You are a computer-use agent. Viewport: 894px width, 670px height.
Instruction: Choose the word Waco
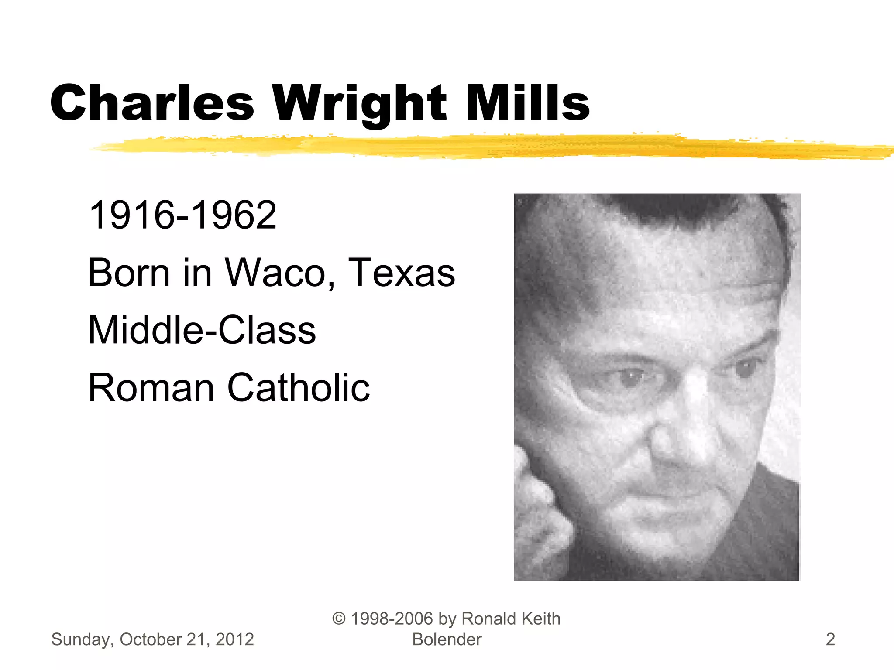pos(279,273)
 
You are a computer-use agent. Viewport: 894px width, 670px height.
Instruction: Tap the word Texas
pos(402,273)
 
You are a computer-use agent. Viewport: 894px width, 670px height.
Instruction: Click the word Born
pos(129,273)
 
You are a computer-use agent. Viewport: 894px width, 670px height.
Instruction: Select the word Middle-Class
pos(202,330)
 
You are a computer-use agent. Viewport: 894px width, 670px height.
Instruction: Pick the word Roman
pos(151,387)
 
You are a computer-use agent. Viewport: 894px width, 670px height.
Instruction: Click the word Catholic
pos(299,387)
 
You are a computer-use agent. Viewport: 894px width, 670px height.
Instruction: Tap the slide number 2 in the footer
pos(830,639)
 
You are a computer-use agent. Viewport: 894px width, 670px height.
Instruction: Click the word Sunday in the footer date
pos(83,640)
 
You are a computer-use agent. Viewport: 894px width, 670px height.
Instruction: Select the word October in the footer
pos(151,639)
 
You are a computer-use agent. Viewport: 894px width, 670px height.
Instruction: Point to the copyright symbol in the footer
pos(339,619)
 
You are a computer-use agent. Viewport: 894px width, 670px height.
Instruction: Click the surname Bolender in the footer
pos(447,639)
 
